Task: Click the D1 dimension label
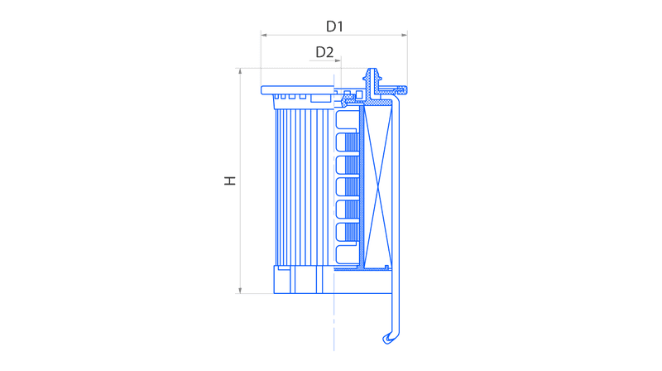tap(334, 26)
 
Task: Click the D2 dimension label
tap(324, 52)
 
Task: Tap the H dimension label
tap(230, 181)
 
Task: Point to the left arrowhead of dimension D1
tap(264, 35)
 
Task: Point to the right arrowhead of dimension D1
tap(405, 35)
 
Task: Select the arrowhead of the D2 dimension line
tap(338, 60)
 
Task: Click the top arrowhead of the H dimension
tap(240, 71)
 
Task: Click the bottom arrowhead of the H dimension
tap(240, 291)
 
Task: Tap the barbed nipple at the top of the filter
tap(372, 75)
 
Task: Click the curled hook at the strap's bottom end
tap(389, 338)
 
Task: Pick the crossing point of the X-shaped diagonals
tap(378, 186)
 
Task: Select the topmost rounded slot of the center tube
tap(346, 118)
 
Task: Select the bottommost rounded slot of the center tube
tap(346, 254)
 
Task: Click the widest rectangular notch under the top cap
tap(320, 98)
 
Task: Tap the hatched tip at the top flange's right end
tap(403, 89)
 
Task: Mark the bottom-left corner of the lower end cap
tap(274, 293)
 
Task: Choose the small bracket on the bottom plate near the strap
tap(386, 267)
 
